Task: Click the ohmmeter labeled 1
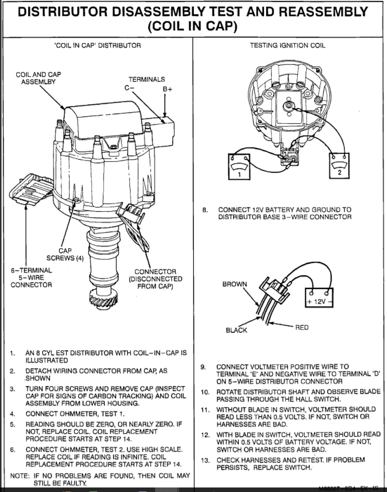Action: pyautogui.click(x=239, y=166)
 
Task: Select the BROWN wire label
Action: pyautogui.click(x=234, y=284)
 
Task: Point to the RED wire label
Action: pyautogui.click(x=302, y=328)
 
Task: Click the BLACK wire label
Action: pyautogui.click(x=236, y=330)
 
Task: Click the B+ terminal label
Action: pyautogui.click(x=167, y=88)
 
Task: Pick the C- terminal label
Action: pyautogui.click(x=130, y=87)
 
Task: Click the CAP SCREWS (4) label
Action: pyautogui.click(x=59, y=254)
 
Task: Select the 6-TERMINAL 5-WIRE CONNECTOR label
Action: pyautogui.click(x=31, y=277)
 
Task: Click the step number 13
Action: pyautogui.click(x=205, y=460)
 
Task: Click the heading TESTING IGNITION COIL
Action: pyautogui.click(x=288, y=45)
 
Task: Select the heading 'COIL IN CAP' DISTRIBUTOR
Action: pyautogui.click(x=97, y=45)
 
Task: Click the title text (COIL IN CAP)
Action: pyautogui.click(x=193, y=27)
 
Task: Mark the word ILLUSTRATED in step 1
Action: pyautogui.click(x=46, y=360)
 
